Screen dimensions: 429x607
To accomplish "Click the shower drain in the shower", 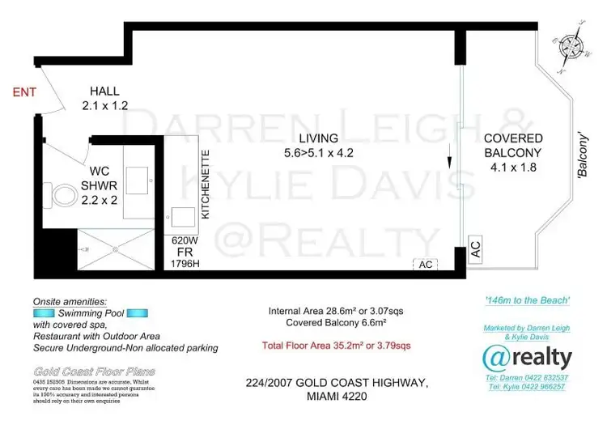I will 114,249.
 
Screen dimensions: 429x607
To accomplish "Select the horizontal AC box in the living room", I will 427,264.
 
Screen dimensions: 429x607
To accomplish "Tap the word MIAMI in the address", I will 319,397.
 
